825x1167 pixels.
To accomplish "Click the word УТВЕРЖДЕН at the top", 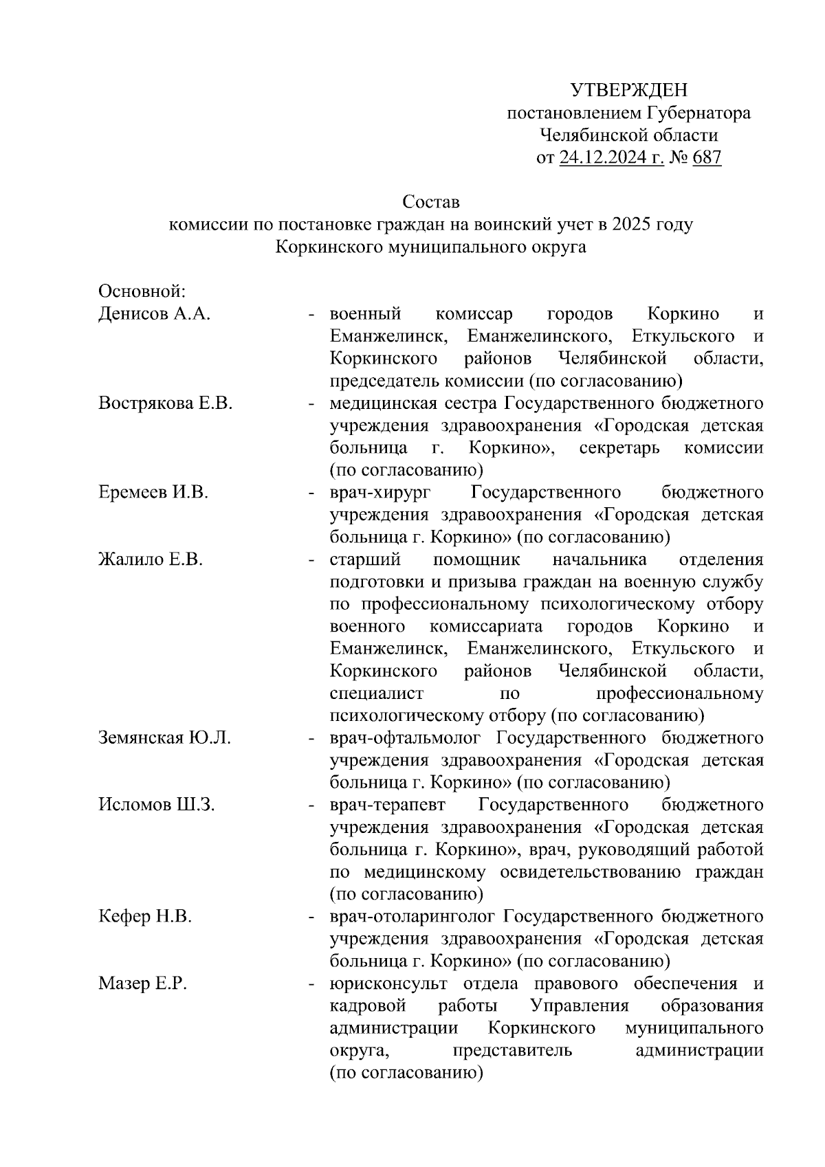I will click(628, 90).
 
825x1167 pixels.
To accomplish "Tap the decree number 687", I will click(707, 159).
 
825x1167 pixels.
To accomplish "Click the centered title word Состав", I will click(430, 203).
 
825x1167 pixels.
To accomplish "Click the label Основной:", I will click(138, 291).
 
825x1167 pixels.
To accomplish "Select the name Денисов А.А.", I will click(154, 314).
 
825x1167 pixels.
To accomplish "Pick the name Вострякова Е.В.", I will click(165, 403).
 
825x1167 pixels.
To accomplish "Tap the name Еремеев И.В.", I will click(153, 493).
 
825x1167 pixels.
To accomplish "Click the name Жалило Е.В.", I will click(150, 559).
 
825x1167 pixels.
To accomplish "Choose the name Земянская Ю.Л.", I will click(164, 738).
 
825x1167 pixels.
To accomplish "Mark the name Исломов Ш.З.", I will click(156, 805).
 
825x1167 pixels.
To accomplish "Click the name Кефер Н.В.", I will click(144, 917).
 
